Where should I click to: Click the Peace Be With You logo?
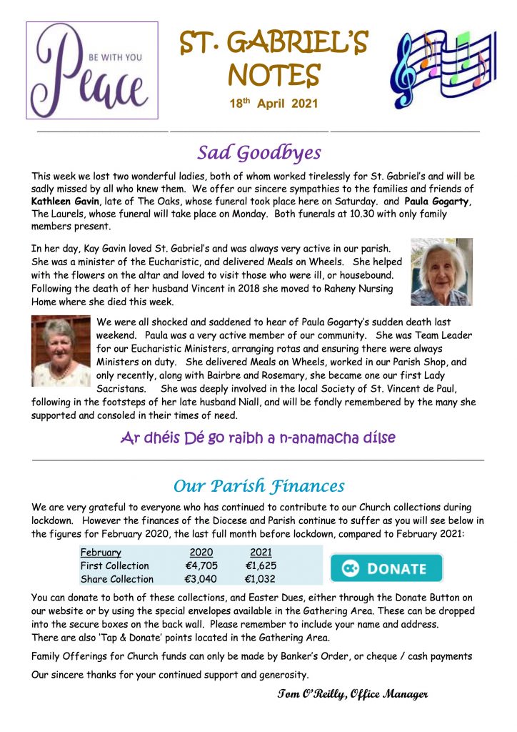coord(92,70)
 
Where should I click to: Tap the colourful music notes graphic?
coord(442,69)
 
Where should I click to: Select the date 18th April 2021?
coord(273,104)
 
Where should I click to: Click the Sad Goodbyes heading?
coord(258,152)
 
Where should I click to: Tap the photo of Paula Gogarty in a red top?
coord(61,350)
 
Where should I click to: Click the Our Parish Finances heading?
coord(258,486)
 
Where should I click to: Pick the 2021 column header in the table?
coord(261,553)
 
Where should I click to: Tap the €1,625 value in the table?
coord(261,566)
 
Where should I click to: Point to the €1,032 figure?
coord(261,579)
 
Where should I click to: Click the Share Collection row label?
coord(116,579)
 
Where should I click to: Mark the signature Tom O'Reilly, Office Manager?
coord(352,694)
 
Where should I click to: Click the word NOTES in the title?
coord(273,73)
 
